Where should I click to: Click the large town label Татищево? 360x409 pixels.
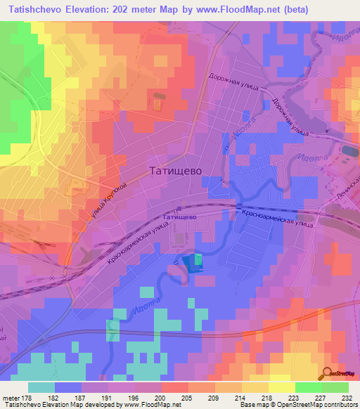[176, 170]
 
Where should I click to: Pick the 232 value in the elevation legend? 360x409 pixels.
[348, 398]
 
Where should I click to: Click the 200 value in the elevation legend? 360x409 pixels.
[161, 398]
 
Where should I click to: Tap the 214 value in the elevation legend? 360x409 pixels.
[241, 398]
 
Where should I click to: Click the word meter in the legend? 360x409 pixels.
[10, 398]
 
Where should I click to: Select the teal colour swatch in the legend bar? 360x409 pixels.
[41, 387]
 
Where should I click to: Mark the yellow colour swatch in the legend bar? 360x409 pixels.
[281, 387]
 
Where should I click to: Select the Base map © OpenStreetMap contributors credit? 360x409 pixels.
[297, 405]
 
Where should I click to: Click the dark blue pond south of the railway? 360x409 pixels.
[189, 264]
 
